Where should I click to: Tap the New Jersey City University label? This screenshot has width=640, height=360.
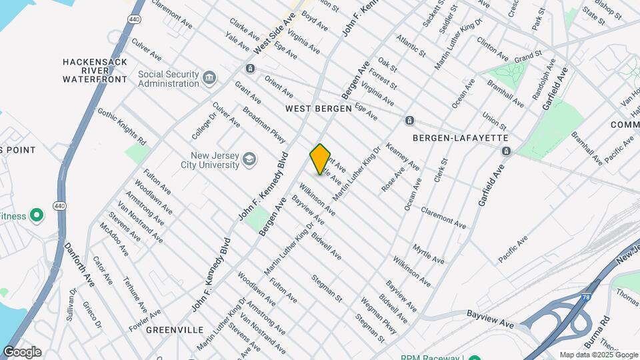[209, 159]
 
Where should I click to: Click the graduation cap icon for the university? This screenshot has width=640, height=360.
[249, 159]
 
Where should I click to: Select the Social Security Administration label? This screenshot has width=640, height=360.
[169, 79]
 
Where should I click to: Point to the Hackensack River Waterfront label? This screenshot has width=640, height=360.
[95, 70]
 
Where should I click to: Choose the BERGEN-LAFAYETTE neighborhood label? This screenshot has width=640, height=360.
[461, 138]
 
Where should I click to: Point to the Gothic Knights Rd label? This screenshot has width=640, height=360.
[121, 126]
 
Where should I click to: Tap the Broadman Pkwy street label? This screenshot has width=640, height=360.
[264, 125]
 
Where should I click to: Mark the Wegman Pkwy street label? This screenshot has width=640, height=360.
[379, 315]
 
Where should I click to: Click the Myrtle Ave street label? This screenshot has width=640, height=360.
[428, 253]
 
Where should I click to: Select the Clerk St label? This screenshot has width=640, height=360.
[441, 171]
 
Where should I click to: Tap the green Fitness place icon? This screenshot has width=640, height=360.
[37, 216]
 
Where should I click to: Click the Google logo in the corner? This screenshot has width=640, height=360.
[22, 352]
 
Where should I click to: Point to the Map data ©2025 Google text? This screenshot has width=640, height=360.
[598, 355]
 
